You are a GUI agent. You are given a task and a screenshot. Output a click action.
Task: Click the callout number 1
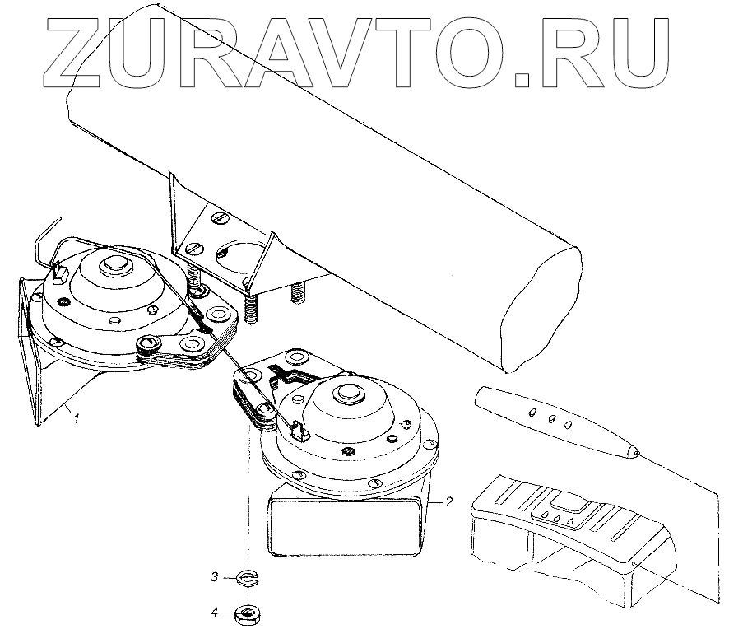pos(76,419)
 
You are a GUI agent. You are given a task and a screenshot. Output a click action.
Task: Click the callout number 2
pos(449,500)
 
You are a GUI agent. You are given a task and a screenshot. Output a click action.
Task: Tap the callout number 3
pos(215,577)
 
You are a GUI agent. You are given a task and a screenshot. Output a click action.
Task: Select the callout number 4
pos(215,612)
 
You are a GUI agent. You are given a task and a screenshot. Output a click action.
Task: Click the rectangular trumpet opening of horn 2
pos(345,525)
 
